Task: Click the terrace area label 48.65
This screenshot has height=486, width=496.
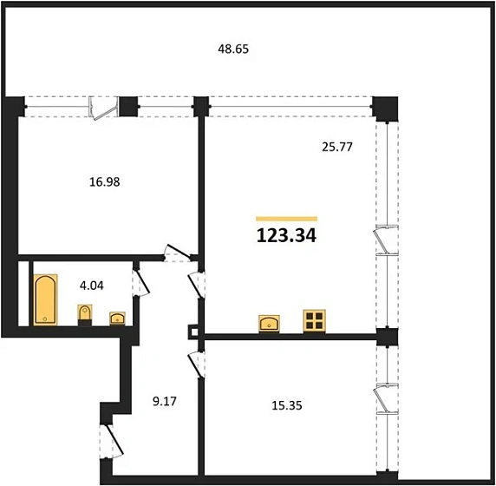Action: coord(233,49)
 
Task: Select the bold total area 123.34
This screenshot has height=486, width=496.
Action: coord(286,235)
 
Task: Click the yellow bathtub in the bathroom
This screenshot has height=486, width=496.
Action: coord(44,299)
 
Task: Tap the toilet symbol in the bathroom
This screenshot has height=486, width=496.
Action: coord(85,312)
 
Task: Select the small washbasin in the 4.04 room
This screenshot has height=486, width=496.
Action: coord(116,318)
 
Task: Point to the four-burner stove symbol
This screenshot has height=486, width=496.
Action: coord(312,320)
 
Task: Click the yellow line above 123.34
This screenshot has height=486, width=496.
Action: coord(286,218)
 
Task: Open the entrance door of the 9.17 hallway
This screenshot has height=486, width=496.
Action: coord(108,437)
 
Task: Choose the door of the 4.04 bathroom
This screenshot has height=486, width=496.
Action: coord(139,283)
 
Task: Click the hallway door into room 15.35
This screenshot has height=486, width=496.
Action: coord(197,363)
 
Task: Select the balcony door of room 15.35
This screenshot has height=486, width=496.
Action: coord(381,400)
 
